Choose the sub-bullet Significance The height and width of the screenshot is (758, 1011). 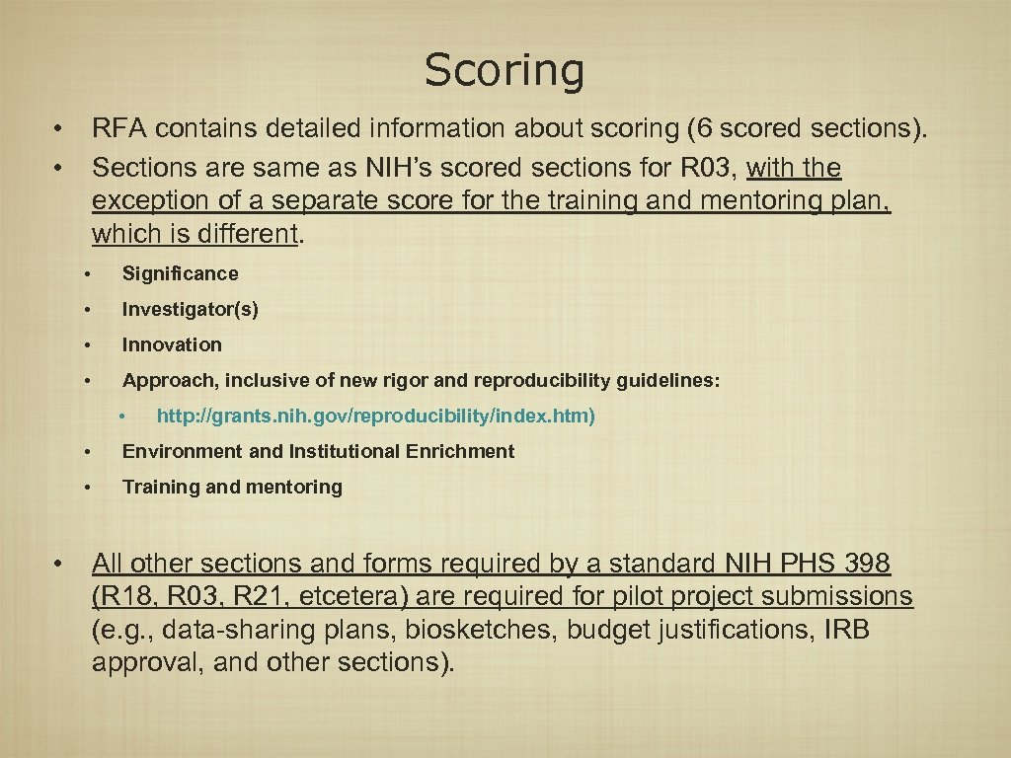click(x=180, y=274)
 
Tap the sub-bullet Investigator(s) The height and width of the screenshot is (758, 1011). click(x=190, y=310)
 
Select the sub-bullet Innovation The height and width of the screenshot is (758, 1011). click(x=172, y=345)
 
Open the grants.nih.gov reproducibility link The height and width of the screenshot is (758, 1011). click(x=375, y=417)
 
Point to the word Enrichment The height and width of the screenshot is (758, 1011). click(x=461, y=452)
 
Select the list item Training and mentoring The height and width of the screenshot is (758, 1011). click(x=232, y=488)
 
